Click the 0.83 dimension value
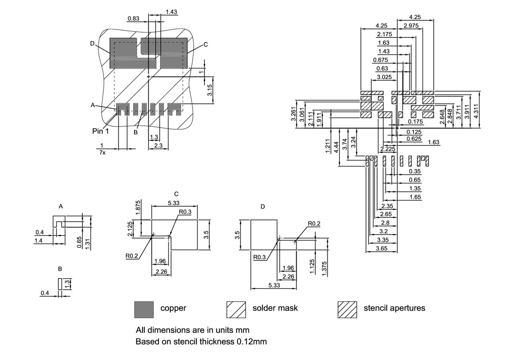[133, 18]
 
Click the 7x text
[102, 152]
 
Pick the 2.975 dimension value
[411, 25]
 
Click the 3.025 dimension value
[384, 77]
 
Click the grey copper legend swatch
[144, 309]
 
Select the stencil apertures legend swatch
[347, 309]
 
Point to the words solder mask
[275, 308]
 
